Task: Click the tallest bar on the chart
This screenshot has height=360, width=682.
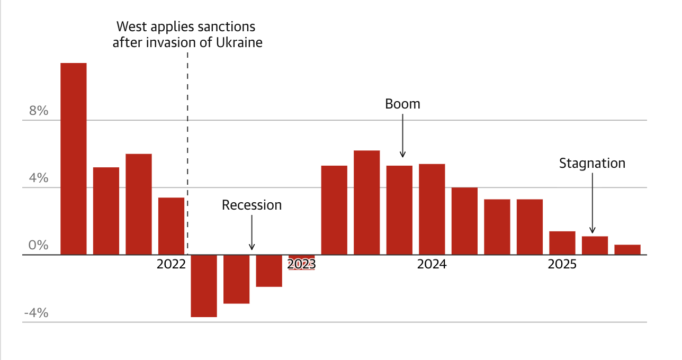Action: point(74,159)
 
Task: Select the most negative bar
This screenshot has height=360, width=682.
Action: point(204,286)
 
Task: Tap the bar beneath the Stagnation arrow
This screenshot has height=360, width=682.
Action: point(595,246)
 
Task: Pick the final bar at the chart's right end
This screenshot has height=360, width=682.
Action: point(627,250)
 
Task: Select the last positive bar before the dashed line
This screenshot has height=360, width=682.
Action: point(171,226)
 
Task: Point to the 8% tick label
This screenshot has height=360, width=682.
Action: point(39,111)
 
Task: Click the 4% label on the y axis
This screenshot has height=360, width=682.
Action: point(39,178)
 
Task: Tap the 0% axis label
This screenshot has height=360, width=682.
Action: point(39,245)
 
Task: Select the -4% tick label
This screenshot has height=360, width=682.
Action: point(36,313)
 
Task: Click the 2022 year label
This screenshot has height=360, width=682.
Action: point(171,264)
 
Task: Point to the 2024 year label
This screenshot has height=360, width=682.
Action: point(432,264)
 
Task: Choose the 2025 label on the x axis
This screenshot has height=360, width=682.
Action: point(562,264)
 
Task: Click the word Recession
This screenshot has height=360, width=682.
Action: point(252,205)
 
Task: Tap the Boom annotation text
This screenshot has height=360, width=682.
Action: point(402,104)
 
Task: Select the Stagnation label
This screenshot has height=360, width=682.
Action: point(592,163)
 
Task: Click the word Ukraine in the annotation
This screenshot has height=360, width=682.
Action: point(239,42)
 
